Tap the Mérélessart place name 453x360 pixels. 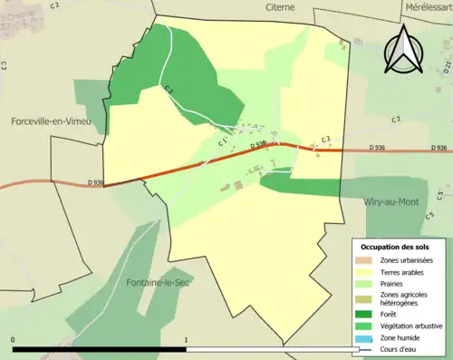point(429,6)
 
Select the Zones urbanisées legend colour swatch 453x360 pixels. point(361,259)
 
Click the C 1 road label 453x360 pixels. point(221,142)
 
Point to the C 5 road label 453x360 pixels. point(439,194)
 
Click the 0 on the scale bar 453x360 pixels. point(14,340)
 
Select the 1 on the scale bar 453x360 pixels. point(187,340)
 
